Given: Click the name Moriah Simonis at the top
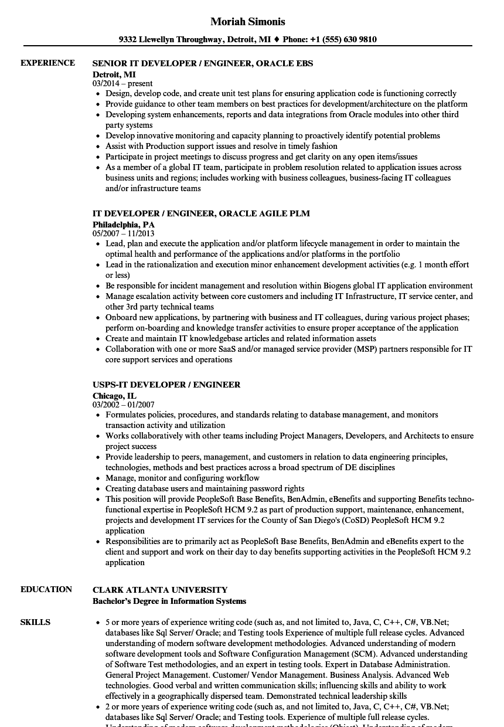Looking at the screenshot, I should [248, 22].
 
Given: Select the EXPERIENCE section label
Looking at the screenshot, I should [47, 63].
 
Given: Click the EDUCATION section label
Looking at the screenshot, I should [46, 589].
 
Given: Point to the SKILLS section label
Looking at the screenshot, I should [35, 622].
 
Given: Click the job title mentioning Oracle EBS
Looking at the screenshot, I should [203, 63].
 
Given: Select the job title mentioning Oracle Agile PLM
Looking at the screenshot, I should [201, 213].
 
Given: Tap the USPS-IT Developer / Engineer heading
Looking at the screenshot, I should [166, 385].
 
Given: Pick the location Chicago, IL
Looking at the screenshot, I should [114, 395].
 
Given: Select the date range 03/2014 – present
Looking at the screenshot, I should [122, 83].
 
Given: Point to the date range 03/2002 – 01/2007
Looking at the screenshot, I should [124, 405].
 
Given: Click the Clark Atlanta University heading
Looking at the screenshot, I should [160, 590].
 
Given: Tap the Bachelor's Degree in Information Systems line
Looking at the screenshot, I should [169, 601].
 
